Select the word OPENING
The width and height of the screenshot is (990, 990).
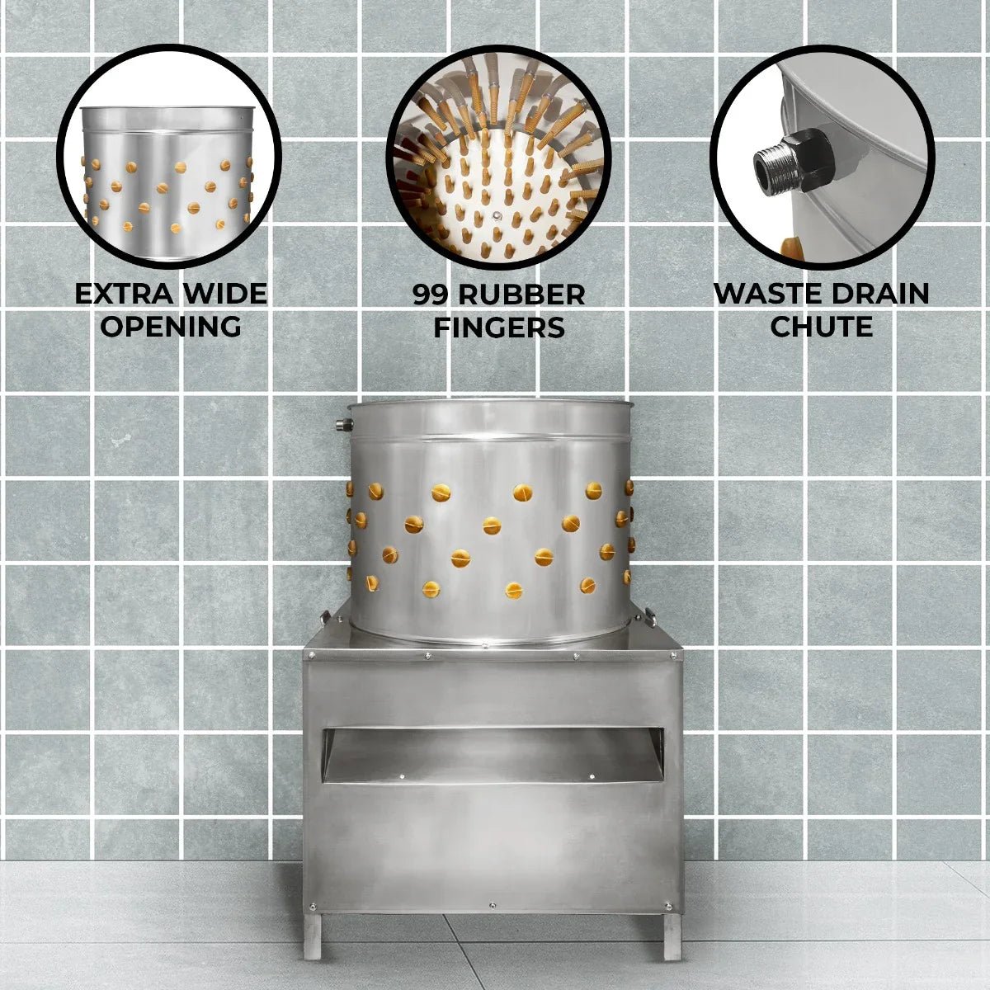click(x=171, y=326)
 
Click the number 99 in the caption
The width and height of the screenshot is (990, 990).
click(x=430, y=295)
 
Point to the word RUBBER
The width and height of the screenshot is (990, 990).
click(x=521, y=295)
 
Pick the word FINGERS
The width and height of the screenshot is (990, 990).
click(x=499, y=328)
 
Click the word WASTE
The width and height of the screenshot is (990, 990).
click(x=764, y=294)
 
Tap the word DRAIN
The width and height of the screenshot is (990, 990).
click(x=877, y=294)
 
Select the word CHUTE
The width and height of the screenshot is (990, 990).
click(x=822, y=326)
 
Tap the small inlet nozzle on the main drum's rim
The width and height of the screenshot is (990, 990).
click(x=342, y=425)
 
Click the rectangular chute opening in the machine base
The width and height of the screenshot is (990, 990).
click(x=493, y=755)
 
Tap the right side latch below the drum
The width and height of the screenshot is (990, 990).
click(x=650, y=616)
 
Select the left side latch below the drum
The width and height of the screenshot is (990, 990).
click(x=325, y=618)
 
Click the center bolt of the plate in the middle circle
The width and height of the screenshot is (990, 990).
click(x=497, y=216)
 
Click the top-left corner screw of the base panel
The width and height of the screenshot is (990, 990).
click(x=311, y=656)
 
